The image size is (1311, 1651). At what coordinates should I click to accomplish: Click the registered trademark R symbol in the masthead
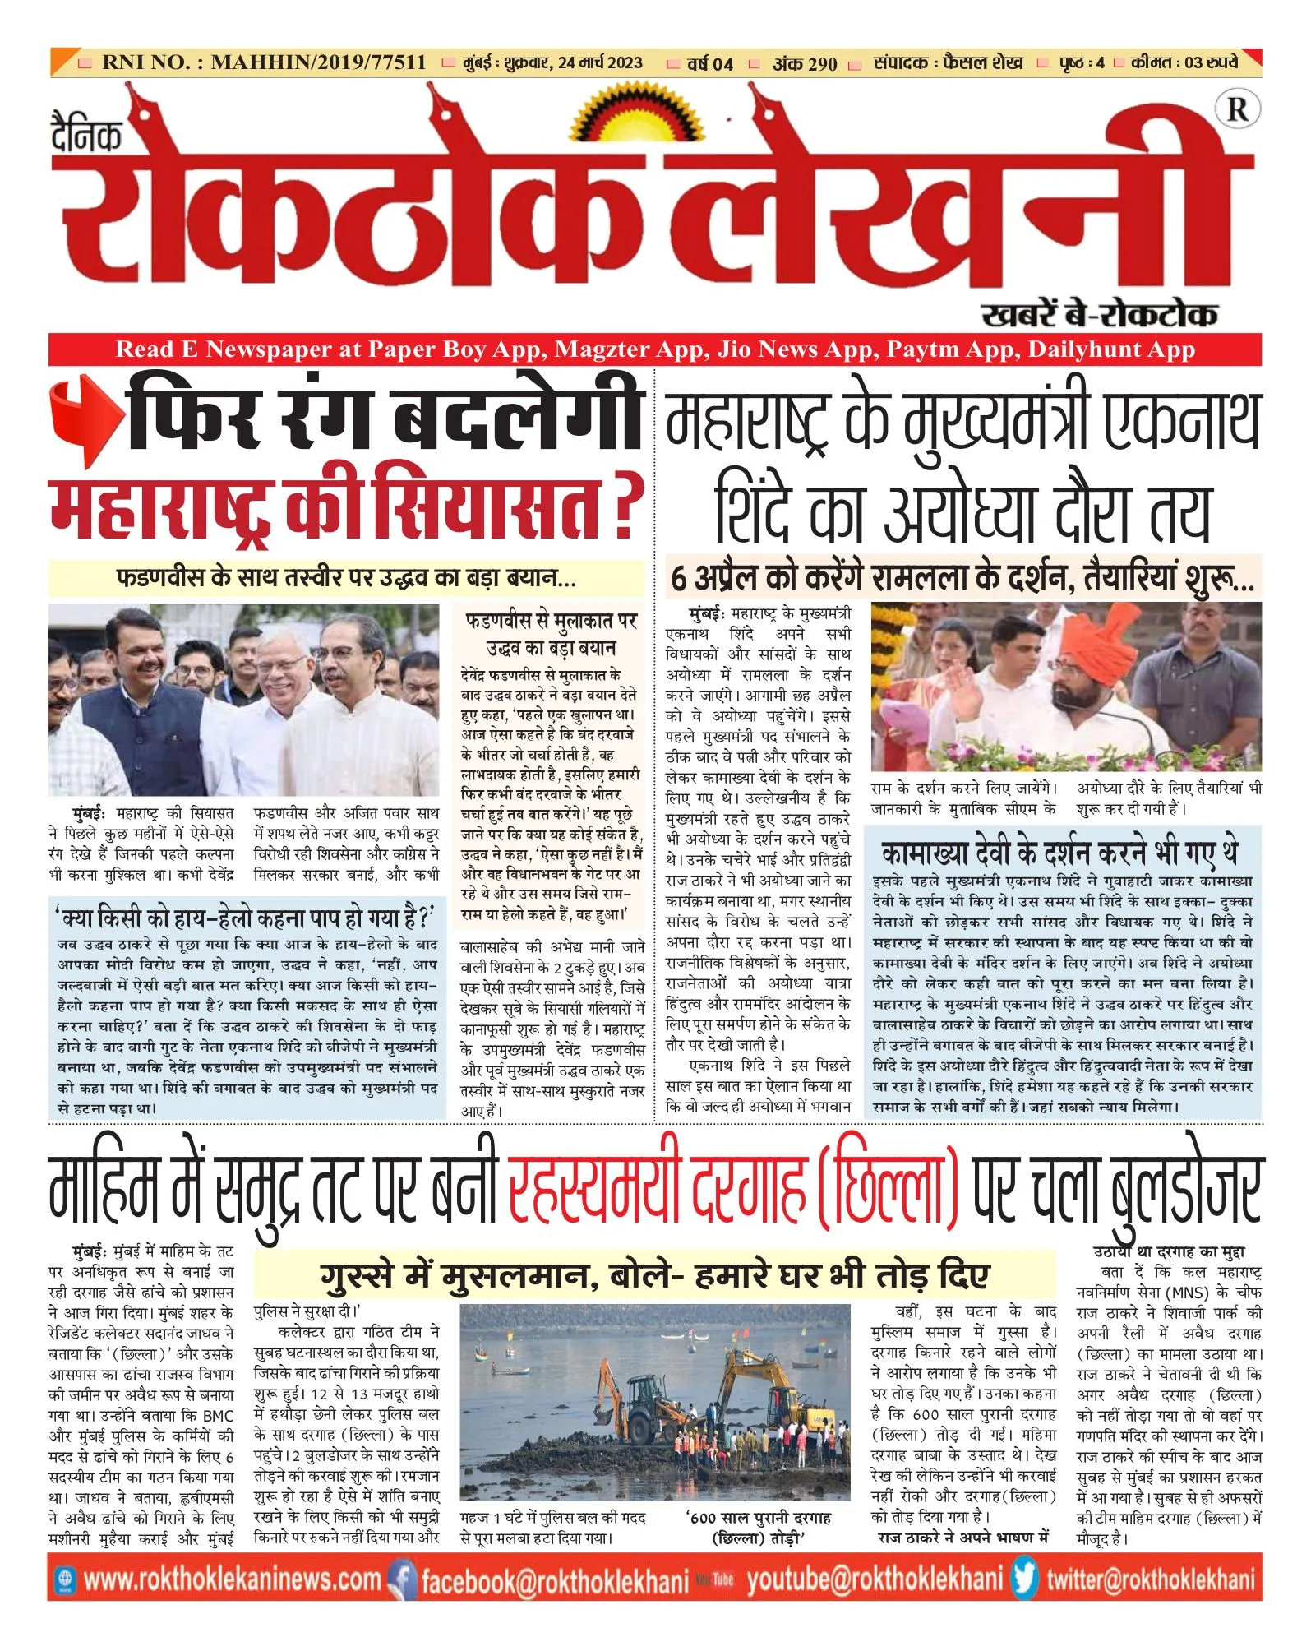(1237, 110)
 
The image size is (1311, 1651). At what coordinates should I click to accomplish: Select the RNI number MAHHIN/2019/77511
(319, 62)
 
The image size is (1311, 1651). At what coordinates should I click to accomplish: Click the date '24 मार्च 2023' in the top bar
(600, 62)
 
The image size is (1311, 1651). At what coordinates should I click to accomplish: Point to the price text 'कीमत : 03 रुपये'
(1184, 62)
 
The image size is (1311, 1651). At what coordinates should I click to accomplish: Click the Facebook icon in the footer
(401, 1579)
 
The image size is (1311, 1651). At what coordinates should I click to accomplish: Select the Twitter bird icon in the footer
(1024, 1579)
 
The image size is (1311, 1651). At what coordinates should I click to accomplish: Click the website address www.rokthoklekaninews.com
(233, 1579)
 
